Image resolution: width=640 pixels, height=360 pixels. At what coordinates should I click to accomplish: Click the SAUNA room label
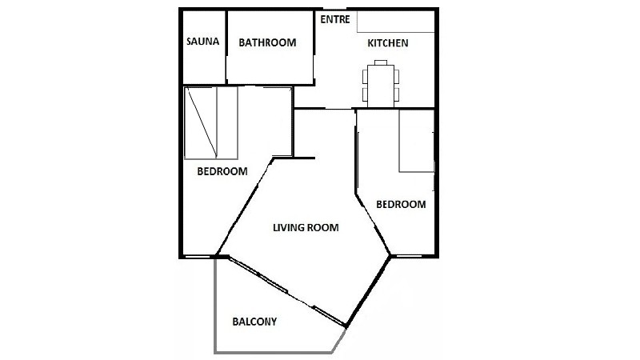coord(203,42)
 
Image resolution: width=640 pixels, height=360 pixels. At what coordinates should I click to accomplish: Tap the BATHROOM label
coord(267,42)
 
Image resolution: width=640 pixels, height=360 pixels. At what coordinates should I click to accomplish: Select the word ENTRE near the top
coord(335,19)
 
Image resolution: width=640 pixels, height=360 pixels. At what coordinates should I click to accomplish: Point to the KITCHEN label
coord(388,43)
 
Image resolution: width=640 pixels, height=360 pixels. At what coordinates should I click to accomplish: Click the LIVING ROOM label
coord(306,227)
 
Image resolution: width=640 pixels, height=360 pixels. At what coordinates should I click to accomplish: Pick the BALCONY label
coord(254,322)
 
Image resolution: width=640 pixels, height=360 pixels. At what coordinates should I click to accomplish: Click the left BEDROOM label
coord(222,171)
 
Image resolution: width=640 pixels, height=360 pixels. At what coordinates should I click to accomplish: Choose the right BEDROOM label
coord(401,204)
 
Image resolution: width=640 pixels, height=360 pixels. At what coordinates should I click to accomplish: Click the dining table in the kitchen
coord(381,86)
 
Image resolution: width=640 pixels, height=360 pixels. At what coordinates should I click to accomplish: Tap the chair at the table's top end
coord(381,62)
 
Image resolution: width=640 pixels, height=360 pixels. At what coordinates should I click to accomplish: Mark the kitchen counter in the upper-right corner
coord(395,22)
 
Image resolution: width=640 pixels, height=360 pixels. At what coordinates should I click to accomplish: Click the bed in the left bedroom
coord(211,123)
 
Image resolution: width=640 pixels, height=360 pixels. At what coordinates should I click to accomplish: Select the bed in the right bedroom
coord(416,141)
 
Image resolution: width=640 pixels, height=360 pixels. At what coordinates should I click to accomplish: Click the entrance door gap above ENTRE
coord(334,9)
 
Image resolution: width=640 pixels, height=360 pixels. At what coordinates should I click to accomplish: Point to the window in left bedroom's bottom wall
coord(197,257)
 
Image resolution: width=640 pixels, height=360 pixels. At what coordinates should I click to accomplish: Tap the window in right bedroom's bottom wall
coord(409,256)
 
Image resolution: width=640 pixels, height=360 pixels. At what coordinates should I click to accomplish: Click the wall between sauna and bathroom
coord(226,47)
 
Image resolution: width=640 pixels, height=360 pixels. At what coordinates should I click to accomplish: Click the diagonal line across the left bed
coord(202,122)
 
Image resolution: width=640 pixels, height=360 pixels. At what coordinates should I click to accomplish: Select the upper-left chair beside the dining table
coord(365,77)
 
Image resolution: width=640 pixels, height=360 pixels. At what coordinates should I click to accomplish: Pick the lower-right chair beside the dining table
coord(397,94)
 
